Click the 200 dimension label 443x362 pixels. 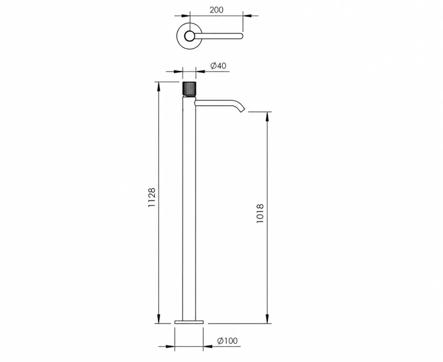[217, 10]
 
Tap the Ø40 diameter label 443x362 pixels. [218, 66]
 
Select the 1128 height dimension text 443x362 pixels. [152, 197]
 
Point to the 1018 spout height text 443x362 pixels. [260, 214]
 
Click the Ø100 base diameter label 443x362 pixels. [227, 341]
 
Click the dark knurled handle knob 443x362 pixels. [189, 89]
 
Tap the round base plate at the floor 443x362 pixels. [189, 322]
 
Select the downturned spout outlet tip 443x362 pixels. [242, 109]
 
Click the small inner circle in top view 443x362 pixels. [189, 36]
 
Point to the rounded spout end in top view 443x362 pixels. [241, 36]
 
